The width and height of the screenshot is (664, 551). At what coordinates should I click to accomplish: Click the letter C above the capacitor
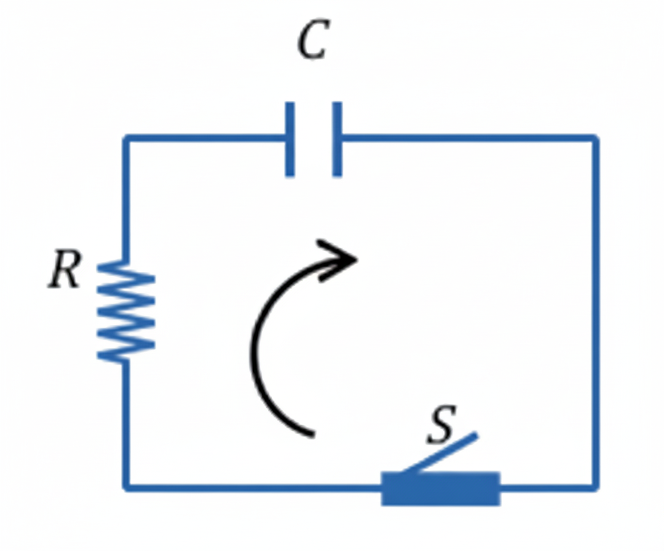(x=312, y=40)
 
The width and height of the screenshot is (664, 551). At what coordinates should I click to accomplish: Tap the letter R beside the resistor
(x=65, y=271)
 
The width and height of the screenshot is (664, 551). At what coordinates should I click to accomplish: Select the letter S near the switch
(x=442, y=425)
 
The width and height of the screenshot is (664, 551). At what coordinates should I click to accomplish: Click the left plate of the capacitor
(x=290, y=140)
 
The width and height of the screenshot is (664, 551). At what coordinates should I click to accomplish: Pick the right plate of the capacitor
(x=337, y=140)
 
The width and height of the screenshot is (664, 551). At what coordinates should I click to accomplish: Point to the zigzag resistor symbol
(x=126, y=311)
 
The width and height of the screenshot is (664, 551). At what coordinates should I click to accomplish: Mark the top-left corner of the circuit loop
(x=126, y=139)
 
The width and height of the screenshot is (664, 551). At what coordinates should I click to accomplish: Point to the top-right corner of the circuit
(x=595, y=139)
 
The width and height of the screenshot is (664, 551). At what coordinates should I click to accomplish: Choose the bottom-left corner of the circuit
(x=126, y=487)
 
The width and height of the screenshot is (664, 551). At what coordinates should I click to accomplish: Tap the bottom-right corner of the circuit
(x=595, y=487)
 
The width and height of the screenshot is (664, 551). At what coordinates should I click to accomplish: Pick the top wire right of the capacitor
(x=468, y=139)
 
